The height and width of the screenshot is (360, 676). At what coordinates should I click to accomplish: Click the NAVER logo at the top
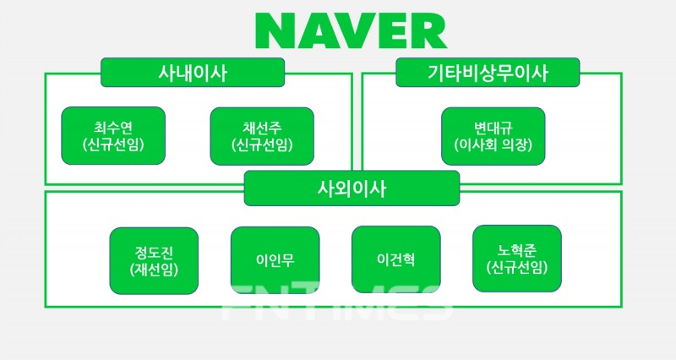click(351, 32)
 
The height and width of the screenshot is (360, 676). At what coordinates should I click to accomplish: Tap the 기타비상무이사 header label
click(487, 73)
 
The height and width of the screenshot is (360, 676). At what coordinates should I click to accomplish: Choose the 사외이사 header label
click(351, 188)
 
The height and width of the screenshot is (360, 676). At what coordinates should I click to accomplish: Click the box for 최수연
click(114, 136)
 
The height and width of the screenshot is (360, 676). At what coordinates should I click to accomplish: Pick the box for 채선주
click(262, 136)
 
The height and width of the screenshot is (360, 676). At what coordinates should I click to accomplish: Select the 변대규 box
click(493, 136)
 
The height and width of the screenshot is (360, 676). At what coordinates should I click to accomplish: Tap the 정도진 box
click(154, 260)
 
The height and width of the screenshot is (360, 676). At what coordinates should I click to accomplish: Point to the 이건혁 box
click(395, 259)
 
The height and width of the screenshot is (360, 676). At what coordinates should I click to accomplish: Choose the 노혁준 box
click(516, 259)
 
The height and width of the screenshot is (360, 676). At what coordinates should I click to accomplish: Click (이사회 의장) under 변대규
click(493, 145)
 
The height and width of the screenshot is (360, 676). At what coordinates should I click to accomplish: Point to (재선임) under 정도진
click(154, 270)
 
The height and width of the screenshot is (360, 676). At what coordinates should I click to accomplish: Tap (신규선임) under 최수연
click(114, 145)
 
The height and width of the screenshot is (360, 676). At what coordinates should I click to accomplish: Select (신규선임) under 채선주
click(262, 145)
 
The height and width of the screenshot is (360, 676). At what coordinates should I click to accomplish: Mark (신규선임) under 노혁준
click(516, 269)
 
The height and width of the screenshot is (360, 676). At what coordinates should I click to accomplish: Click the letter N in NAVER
click(276, 32)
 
